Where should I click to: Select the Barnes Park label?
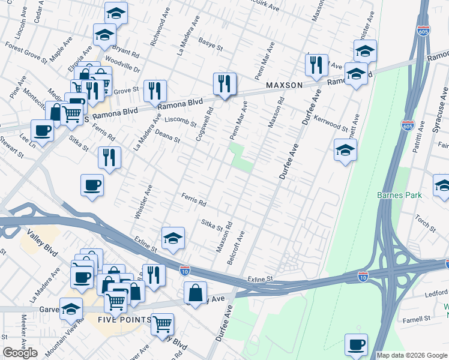(x=399, y=195)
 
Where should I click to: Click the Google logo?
(x=20, y=353)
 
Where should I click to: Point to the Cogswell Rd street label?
(x=205, y=124)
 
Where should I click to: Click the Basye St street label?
(x=211, y=44)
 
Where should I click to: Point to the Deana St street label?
(x=167, y=139)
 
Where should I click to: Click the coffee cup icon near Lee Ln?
(x=43, y=129)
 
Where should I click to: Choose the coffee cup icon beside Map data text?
(x=356, y=344)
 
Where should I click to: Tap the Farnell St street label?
(x=418, y=319)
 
